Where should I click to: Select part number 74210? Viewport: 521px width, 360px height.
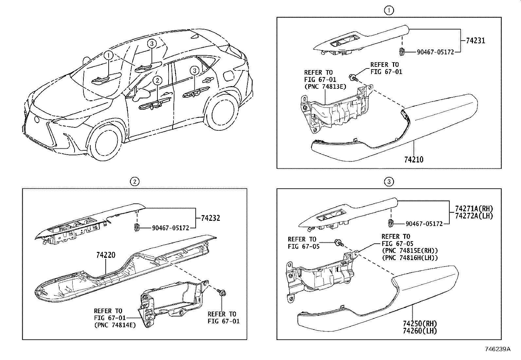(414, 160)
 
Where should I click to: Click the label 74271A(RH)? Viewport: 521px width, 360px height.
(474, 209)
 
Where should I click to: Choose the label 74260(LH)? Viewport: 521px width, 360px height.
(420, 331)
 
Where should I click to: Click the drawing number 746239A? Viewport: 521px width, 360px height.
(497, 349)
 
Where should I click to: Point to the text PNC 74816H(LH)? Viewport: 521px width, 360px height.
(410, 258)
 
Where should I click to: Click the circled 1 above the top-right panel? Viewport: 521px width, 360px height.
(389, 10)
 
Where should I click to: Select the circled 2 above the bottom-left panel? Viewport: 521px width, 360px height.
(134, 181)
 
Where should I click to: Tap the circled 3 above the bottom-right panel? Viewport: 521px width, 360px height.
(389, 181)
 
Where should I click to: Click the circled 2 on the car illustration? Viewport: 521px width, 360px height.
(157, 80)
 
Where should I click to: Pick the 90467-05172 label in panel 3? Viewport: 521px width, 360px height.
(424, 224)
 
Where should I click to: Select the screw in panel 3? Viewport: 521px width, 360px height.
(338, 243)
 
